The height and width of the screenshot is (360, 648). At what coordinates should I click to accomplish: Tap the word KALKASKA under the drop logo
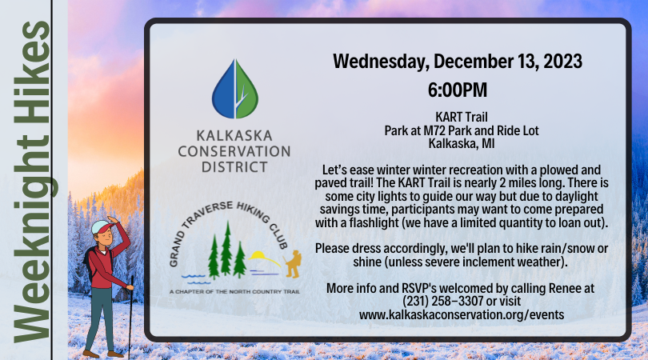tap(234, 135)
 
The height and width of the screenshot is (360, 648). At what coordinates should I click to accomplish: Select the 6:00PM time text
tap(457, 90)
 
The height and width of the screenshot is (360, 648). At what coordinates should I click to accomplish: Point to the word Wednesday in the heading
tap(381, 62)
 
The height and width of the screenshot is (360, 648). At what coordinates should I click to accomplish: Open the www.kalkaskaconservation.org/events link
tap(462, 314)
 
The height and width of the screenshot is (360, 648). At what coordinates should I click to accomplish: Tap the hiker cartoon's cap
tap(102, 226)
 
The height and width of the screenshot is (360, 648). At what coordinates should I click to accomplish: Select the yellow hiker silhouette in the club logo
tap(293, 264)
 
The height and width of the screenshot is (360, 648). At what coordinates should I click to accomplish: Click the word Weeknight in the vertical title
tap(34, 239)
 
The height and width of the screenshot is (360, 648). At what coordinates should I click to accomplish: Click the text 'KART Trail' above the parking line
tap(462, 117)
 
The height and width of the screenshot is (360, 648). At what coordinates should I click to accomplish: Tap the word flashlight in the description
tap(374, 222)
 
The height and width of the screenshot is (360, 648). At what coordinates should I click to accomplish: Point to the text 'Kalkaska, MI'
tap(462, 144)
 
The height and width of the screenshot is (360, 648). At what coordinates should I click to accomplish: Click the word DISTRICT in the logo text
tap(234, 167)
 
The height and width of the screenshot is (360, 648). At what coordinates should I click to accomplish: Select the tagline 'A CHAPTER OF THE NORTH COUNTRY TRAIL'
tap(234, 292)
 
